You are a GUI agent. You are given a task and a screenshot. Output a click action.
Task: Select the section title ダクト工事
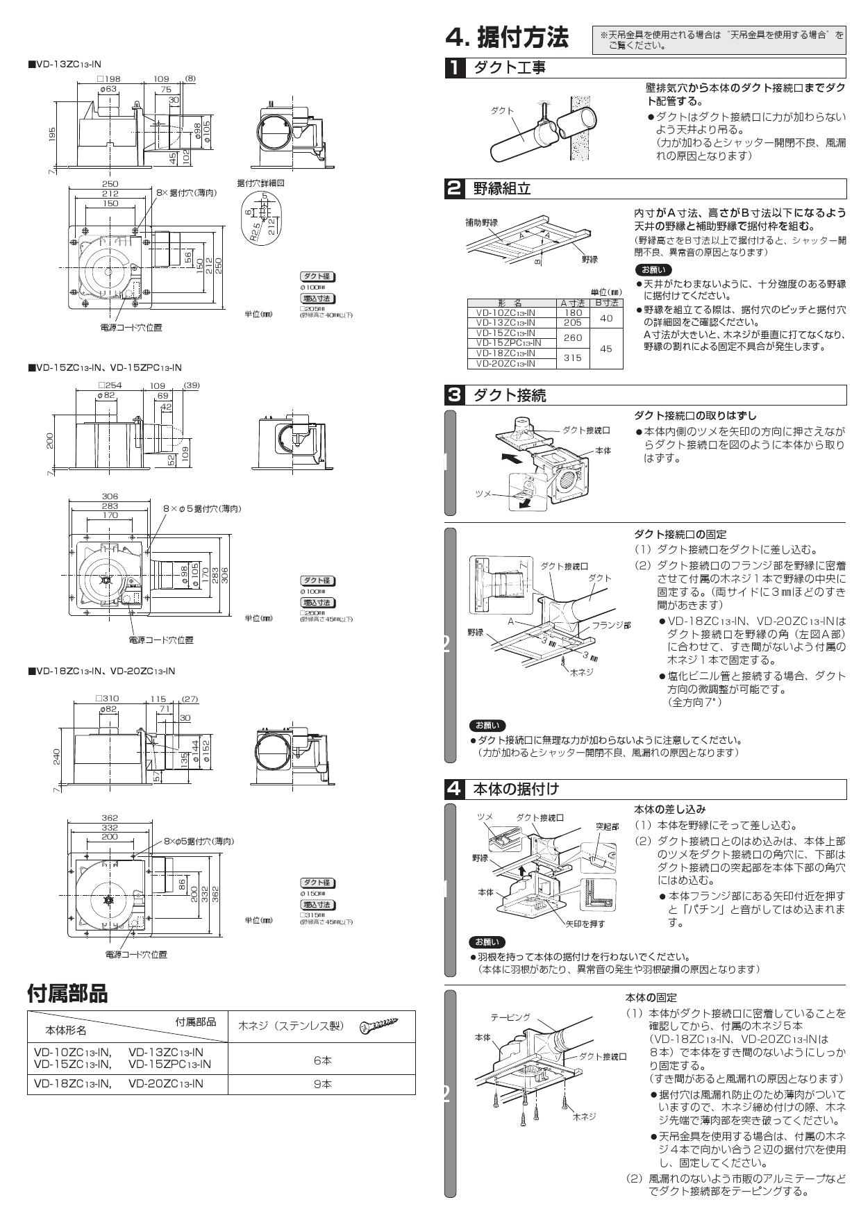pos(509,68)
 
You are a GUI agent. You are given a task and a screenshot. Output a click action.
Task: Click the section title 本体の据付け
pos(516,789)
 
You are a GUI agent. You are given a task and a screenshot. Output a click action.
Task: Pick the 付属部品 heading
pos(67,993)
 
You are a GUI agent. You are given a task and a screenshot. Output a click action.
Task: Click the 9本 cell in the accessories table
pos(322,1083)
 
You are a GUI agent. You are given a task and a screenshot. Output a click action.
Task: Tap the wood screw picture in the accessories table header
pos(378,1025)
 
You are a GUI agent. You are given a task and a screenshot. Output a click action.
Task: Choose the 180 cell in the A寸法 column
pos(573,312)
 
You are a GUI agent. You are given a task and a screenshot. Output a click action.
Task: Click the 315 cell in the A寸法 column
pos(573,358)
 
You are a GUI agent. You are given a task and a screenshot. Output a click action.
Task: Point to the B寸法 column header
pos(606,303)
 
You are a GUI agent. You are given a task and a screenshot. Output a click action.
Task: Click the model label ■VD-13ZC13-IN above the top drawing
pos(64,64)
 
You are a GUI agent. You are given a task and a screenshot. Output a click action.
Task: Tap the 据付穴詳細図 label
pos(260,183)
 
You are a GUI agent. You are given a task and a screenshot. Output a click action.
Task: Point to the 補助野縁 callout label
pos(481,223)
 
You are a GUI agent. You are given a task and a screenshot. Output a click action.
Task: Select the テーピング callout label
pos(510,1017)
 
